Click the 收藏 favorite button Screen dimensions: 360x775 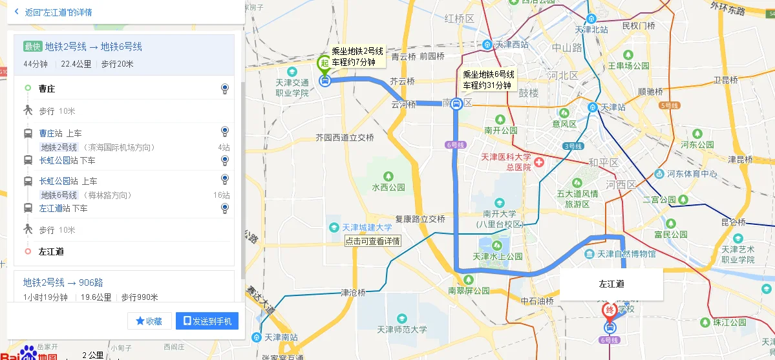(x=149, y=321)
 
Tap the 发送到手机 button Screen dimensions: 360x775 (x=207, y=321)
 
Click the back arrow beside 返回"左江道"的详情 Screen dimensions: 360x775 (x=16, y=12)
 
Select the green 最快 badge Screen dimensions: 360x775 (x=32, y=47)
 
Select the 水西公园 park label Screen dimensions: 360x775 (x=388, y=187)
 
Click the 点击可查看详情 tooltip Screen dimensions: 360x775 (x=373, y=241)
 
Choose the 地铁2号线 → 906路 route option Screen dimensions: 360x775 (x=63, y=282)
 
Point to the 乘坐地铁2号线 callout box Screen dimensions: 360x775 (x=357, y=56)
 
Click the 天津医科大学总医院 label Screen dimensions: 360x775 (x=505, y=162)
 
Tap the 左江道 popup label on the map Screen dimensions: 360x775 (x=611, y=284)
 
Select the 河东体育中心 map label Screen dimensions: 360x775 (x=692, y=174)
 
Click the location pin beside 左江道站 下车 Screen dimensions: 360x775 (x=224, y=208)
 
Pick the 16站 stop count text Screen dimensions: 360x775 (x=221, y=195)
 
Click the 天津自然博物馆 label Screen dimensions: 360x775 (x=626, y=254)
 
